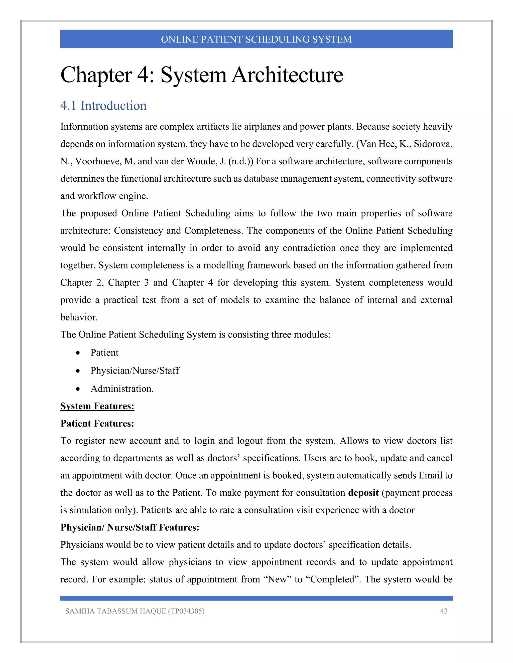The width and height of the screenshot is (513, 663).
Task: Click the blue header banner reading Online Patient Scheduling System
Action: [x=256, y=39]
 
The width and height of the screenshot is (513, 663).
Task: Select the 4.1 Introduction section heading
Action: [x=103, y=106]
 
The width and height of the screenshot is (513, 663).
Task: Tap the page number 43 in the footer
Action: [x=443, y=611]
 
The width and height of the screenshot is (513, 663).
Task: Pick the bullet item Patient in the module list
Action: [x=104, y=353]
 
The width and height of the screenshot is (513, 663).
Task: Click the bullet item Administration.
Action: [x=122, y=389]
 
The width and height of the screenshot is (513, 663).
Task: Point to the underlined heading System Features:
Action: [x=97, y=406]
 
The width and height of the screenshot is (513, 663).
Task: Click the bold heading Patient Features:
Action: [x=97, y=423]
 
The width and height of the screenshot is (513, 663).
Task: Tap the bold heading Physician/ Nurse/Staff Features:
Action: [x=130, y=527]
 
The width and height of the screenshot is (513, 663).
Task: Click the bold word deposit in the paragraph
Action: [x=363, y=492]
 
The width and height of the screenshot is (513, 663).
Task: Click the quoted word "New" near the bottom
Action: [x=278, y=579]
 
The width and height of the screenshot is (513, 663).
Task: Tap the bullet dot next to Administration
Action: [x=78, y=389]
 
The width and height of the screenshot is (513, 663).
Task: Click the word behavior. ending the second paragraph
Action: [x=79, y=317]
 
